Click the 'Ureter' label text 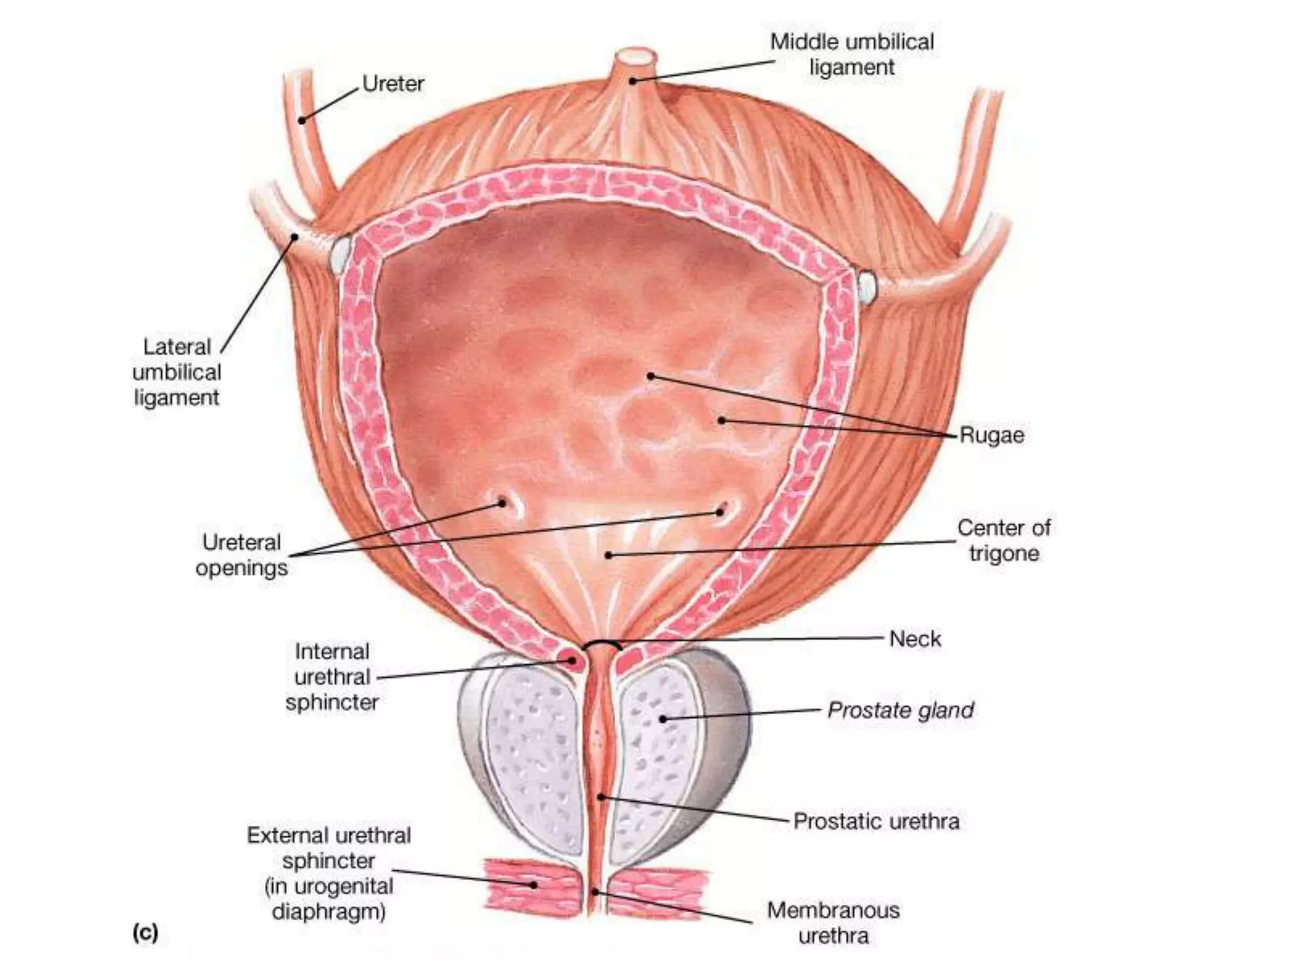coord(393,83)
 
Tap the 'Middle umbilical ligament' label coord(852,54)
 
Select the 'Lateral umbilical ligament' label coord(177,372)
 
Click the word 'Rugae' coord(992,435)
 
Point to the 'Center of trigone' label coord(1004,540)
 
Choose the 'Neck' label coord(915,638)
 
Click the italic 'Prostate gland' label coord(900,710)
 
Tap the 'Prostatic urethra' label coord(876,821)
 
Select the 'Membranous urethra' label coord(833,922)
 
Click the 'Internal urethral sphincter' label coord(332,677)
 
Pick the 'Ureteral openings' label coord(241,555)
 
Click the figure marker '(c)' coord(145,932)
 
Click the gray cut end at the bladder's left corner coord(340,254)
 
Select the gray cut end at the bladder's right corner coord(867,286)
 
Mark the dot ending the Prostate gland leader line coord(663,719)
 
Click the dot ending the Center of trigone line coord(608,555)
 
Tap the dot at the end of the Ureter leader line coord(302,120)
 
